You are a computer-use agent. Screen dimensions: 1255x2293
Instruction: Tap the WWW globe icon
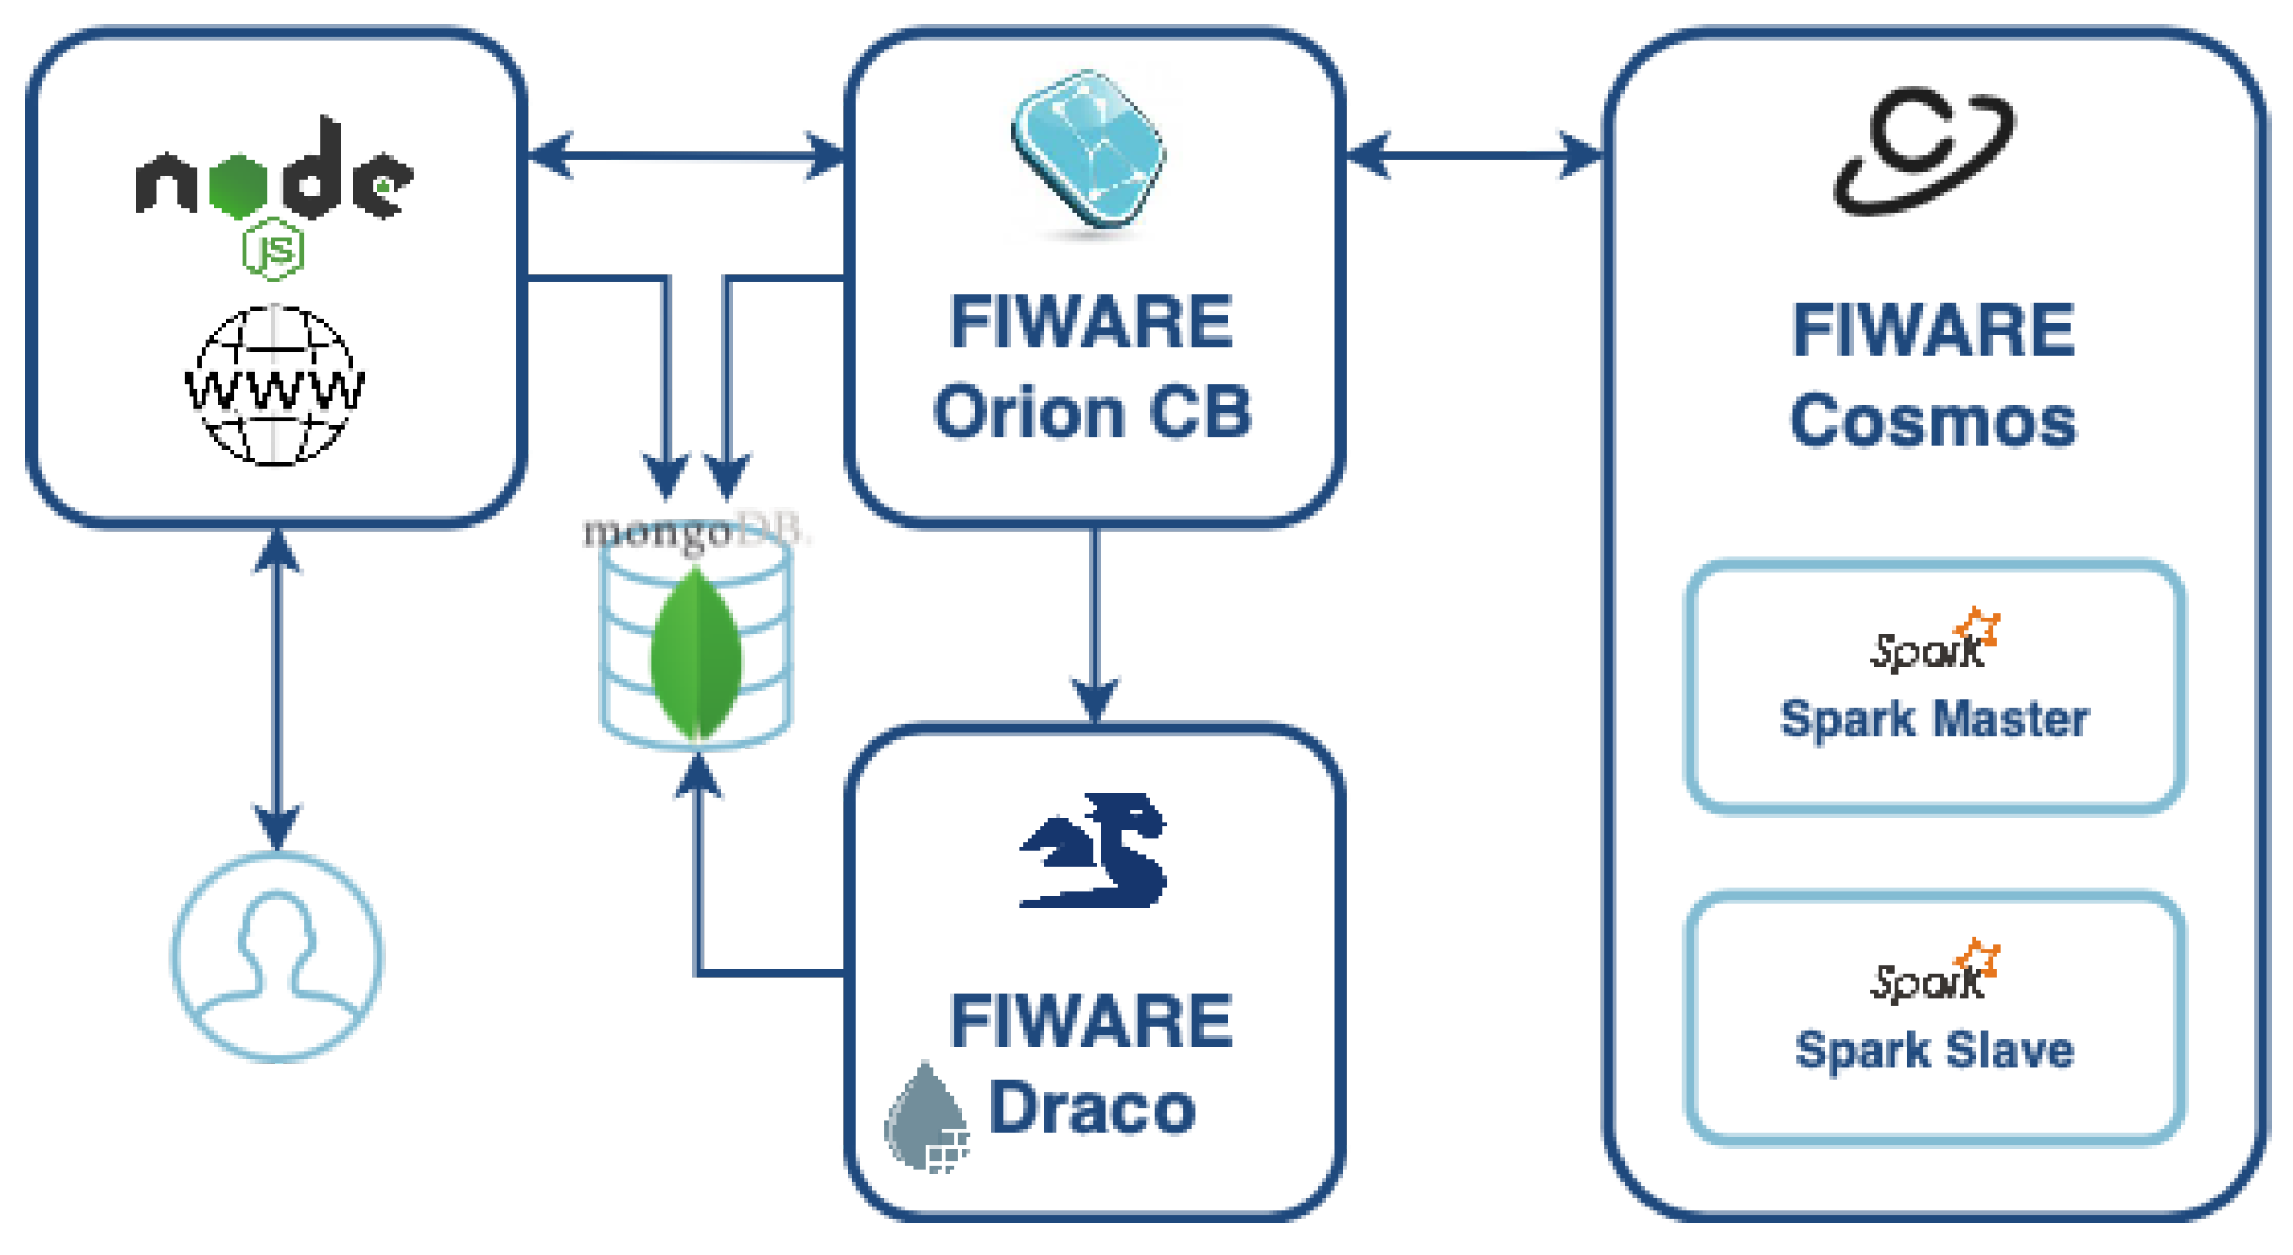point(275,384)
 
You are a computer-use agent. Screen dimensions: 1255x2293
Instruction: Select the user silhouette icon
point(277,956)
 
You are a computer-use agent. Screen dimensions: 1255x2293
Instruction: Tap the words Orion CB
point(1093,413)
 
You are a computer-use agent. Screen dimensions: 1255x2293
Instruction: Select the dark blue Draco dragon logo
point(1093,853)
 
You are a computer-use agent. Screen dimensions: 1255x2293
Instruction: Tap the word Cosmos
point(1933,420)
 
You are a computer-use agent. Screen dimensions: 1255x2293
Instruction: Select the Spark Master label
point(1934,719)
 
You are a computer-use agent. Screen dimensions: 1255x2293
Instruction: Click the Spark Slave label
point(1934,1050)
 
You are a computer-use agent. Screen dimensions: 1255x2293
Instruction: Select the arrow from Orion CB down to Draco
point(1094,623)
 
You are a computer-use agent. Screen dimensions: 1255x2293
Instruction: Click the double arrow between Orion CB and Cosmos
point(1473,155)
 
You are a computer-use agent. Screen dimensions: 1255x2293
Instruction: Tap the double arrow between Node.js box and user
point(277,690)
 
